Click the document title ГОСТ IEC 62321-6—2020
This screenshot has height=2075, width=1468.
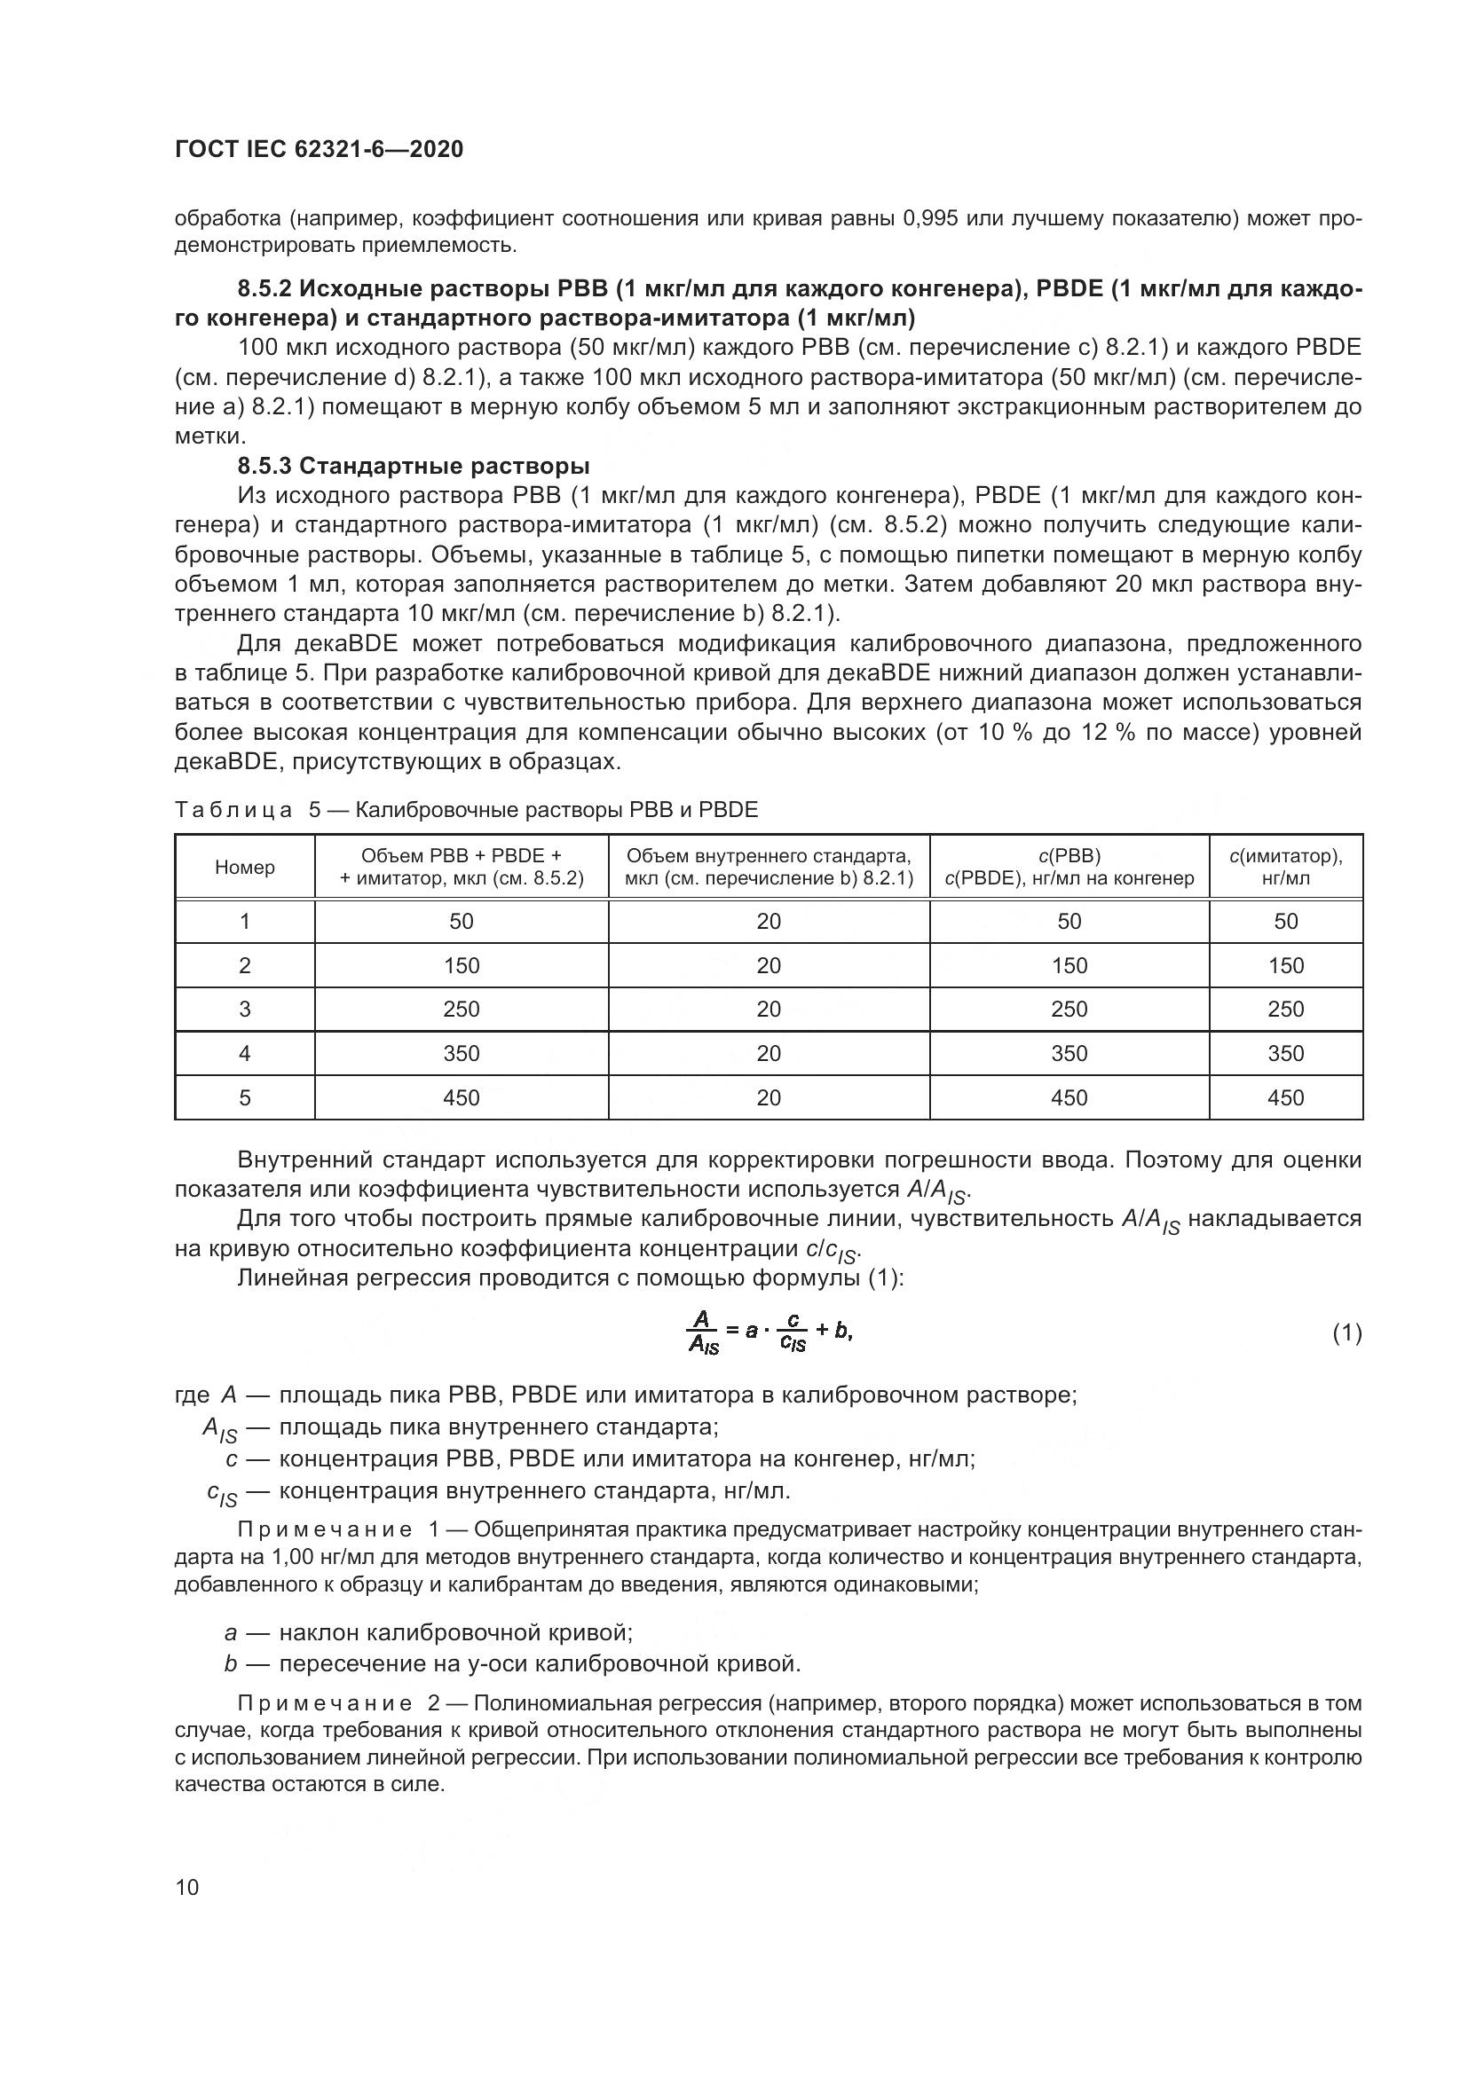click(x=319, y=149)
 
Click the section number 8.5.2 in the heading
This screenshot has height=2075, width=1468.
click(x=264, y=289)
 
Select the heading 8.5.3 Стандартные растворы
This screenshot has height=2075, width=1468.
click(x=413, y=466)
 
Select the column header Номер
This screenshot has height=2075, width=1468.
click(x=244, y=867)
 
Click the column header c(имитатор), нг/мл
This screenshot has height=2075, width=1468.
click(x=1284, y=867)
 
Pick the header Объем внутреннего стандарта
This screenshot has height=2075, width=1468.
click(x=769, y=856)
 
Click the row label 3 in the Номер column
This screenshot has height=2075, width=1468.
click(x=244, y=1009)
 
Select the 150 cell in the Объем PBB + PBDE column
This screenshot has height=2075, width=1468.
click(x=461, y=965)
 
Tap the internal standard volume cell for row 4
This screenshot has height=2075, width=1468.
click(x=769, y=1053)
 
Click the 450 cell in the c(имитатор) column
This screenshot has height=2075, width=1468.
click(x=1284, y=1097)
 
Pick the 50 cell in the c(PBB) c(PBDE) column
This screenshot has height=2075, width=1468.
click(x=1069, y=921)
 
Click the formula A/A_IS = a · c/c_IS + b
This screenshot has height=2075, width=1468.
click(x=770, y=1333)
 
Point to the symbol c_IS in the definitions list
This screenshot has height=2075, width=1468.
click(x=222, y=1494)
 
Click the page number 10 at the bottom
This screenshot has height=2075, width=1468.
click(x=187, y=1887)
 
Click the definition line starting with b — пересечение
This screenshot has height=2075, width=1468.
click(x=511, y=1662)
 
